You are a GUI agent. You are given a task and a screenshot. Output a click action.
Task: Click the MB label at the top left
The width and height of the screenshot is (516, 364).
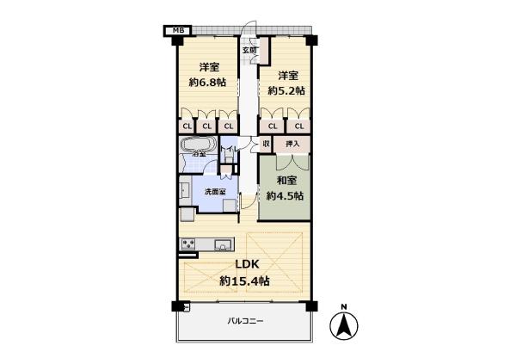[x=179, y=31]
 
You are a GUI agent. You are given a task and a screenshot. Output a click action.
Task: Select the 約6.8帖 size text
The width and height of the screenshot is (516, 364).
[x=206, y=83]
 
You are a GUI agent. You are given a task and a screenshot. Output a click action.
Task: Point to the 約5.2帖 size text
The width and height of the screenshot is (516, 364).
[x=286, y=90]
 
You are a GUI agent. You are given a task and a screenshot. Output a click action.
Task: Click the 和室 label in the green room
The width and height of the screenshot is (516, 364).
[x=286, y=181]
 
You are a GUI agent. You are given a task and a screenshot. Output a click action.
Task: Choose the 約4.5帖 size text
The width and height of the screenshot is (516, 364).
[x=285, y=195]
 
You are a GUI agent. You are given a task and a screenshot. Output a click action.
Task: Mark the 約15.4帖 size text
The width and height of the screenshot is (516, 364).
[x=244, y=281]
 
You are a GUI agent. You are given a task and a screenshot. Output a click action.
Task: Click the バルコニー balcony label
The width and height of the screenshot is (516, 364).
[x=245, y=321]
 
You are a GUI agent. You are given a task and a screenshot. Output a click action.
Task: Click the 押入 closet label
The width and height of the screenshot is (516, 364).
[x=292, y=144]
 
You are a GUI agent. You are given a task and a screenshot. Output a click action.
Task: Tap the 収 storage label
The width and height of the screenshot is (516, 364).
[x=267, y=144]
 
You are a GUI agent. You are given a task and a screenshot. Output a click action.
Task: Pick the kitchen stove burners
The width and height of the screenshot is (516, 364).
[x=189, y=245]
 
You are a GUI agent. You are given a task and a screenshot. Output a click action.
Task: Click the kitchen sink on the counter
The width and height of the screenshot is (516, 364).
[x=221, y=243]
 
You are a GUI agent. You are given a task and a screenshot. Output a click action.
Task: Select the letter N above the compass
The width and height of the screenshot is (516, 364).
[x=343, y=307]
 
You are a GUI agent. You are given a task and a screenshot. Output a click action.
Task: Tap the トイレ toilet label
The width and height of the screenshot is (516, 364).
[x=228, y=152]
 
